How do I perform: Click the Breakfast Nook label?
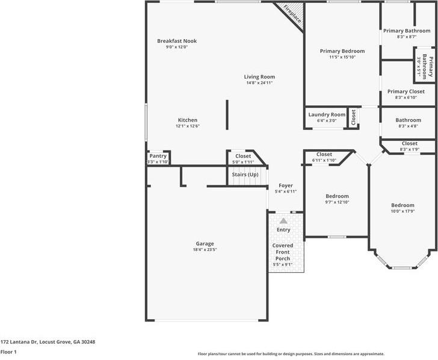177,41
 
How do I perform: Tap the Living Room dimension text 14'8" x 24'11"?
259,83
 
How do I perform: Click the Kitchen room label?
187,120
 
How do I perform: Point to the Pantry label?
158,156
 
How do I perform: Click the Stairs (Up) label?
245,175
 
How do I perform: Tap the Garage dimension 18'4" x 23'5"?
205,249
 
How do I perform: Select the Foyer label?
285,185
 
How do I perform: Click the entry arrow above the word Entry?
283,221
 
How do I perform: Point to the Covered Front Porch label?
283,251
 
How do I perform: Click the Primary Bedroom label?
342,51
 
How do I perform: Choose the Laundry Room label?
327,114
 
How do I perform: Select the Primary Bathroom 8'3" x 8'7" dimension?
407,37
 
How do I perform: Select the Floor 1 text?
8,352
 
